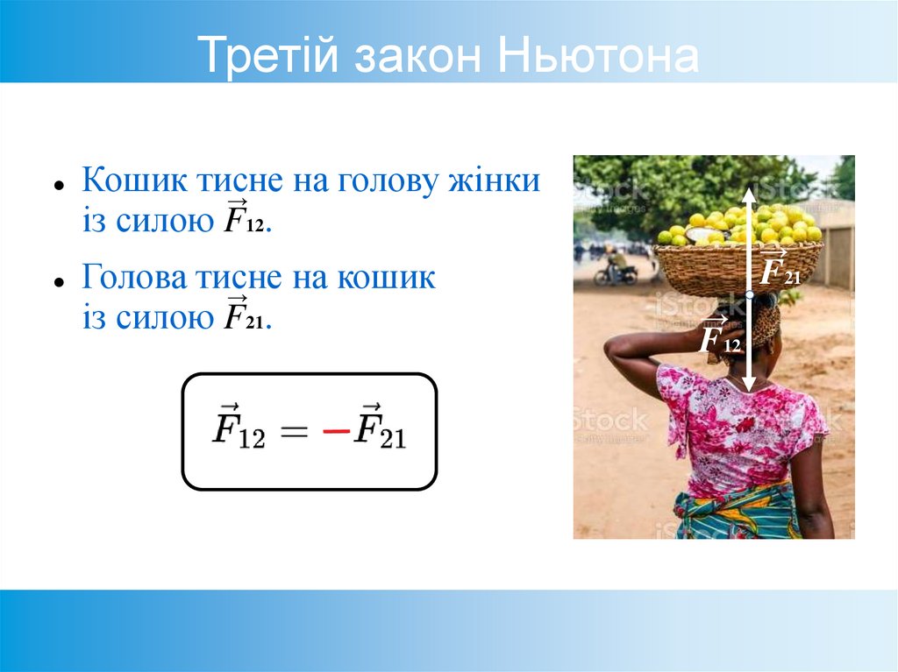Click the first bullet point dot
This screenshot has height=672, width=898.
[x=58, y=186]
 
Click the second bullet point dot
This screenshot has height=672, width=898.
[x=58, y=282]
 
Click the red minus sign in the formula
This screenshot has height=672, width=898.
[x=335, y=432]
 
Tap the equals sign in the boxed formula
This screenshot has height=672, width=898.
[x=293, y=432]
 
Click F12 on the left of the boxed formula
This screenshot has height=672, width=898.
[x=239, y=431]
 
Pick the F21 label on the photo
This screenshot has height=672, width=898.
[x=780, y=269]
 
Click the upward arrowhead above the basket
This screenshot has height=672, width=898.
[x=749, y=195]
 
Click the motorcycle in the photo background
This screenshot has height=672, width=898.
[x=616, y=271]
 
